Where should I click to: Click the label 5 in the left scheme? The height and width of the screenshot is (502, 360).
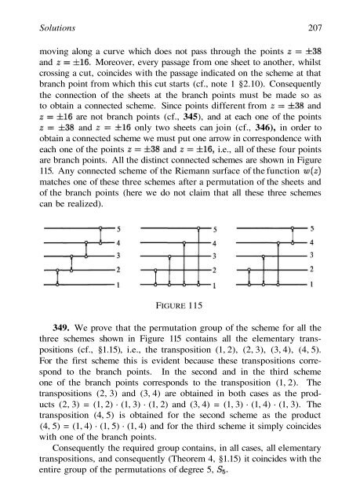[x=118, y=229]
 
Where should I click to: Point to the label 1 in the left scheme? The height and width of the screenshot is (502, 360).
[x=118, y=284]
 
